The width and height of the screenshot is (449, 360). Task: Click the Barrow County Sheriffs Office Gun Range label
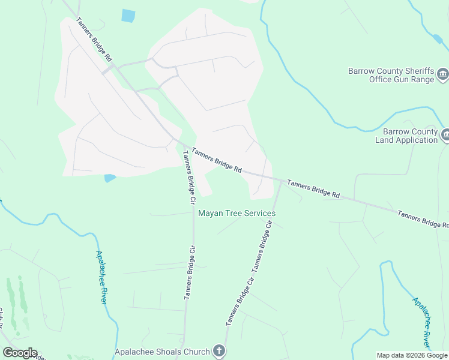pyautogui.click(x=390, y=75)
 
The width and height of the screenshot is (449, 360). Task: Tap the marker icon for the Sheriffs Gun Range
pyautogui.click(x=443, y=74)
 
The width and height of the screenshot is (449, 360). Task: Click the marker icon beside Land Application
pyautogui.click(x=445, y=135)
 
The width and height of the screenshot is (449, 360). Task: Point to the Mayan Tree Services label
pyautogui.click(x=237, y=213)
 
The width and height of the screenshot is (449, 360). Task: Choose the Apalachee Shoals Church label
pyautogui.click(x=162, y=352)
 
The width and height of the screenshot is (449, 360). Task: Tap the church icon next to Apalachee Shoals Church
pyautogui.click(x=219, y=352)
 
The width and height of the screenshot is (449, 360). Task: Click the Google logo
pyautogui.click(x=20, y=353)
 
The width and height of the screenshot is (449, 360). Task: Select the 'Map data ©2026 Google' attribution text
pyautogui.click(x=412, y=355)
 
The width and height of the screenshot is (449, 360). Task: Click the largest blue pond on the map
pyautogui.click(x=128, y=16)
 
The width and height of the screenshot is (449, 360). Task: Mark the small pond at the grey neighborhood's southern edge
pyautogui.click(x=110, y=178)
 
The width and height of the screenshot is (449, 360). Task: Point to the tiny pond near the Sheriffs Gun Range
pyautogui.click(x=438, y=39)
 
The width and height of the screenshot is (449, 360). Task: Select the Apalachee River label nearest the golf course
pyautogui.click(x=101, y=277)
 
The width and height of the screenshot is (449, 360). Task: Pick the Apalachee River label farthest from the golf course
pyautogui.click(x=421, y=322)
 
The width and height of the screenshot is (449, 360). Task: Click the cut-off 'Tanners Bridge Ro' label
pyautogui.click(x=423, y=219)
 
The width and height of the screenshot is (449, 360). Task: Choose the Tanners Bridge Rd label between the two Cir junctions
pyautogui.click(x=217, y=161)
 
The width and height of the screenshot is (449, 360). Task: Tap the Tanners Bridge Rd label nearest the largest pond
pyautogui.click(x=95, y=40)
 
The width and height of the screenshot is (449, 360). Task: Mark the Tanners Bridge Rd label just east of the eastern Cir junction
pyautogui.click(x=313, y=188)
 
